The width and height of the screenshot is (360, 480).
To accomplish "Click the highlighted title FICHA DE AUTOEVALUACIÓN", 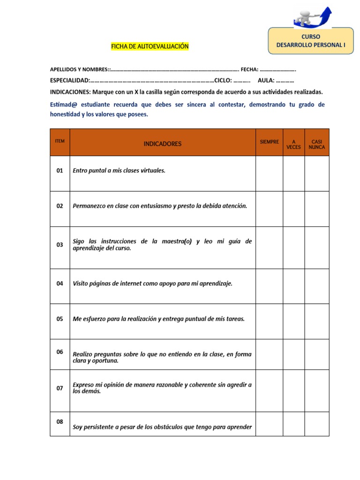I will (150, 46).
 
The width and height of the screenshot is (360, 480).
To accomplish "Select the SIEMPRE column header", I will (269, 142).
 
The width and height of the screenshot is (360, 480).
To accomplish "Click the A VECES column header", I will (293, 143).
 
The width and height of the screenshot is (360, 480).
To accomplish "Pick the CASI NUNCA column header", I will (317, 143).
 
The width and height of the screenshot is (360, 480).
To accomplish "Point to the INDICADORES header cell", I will (162, 143).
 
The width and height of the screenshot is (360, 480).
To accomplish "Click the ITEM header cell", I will (60, 141).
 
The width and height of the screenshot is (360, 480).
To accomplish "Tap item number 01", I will (60, 171).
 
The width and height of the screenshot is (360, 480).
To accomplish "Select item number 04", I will (60, 283).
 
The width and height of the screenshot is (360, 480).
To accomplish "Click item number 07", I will (60, 388).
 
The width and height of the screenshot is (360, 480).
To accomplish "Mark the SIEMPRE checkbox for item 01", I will (269, 173).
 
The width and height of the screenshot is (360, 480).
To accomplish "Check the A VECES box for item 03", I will (293, 247).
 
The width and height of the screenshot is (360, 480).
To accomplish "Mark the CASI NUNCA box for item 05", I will (317, 322).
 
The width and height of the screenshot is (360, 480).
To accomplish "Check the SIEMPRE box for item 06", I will (269, 354).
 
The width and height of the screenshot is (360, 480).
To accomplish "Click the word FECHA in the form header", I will (249, 69).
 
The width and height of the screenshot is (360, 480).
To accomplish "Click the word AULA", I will (266, 80).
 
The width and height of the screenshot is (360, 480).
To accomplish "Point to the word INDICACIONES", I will (70, 92).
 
